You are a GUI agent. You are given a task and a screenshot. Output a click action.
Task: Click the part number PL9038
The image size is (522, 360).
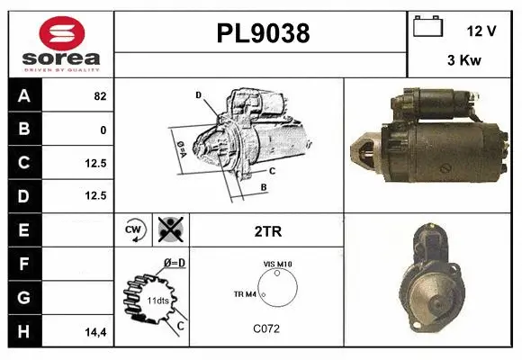[x=263, y=33]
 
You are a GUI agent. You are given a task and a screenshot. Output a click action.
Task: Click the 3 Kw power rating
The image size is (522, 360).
[x=463, y=62]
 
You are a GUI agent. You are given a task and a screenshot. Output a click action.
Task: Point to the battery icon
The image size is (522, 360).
[x=427, y=27]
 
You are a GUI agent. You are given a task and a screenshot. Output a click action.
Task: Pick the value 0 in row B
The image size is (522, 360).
[x=103, y=130]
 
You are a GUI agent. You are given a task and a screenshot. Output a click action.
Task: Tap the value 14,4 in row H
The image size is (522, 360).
[x=96, y=331]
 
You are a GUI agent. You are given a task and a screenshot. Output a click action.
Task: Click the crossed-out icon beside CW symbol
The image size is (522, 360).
[x=168, y=230]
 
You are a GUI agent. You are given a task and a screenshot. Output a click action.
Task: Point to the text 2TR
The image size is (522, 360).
[x=268, y=231]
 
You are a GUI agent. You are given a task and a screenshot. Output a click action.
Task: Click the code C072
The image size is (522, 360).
[x=266, y=328]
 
